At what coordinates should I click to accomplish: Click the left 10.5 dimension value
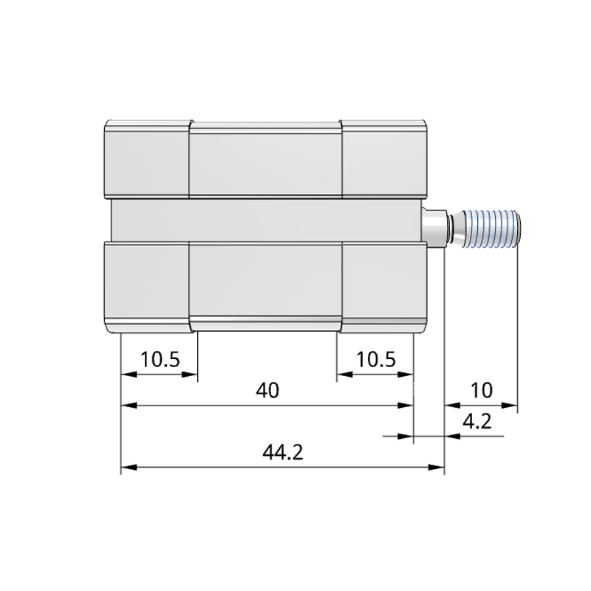point(160,359)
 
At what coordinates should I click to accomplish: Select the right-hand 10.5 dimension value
point(375,359)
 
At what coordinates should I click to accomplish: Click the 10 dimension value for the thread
point(480,390)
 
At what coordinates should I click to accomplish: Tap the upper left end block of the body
point(146,159)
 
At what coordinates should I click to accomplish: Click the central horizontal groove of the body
point(265,220)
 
